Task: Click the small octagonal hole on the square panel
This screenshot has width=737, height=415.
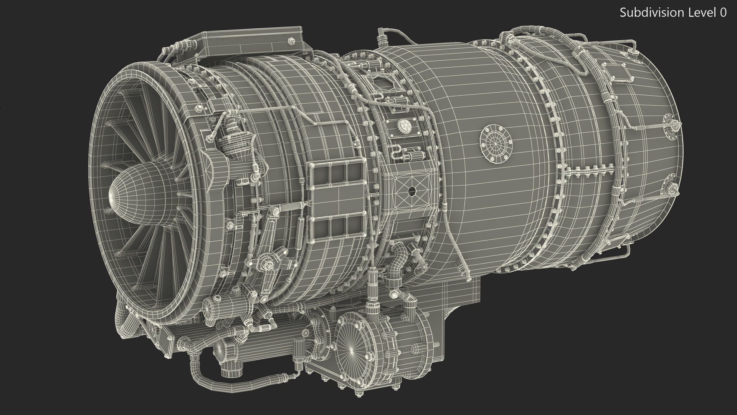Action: [x=413, y=191]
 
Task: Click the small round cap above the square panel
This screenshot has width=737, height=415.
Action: [x=403, y=124]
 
